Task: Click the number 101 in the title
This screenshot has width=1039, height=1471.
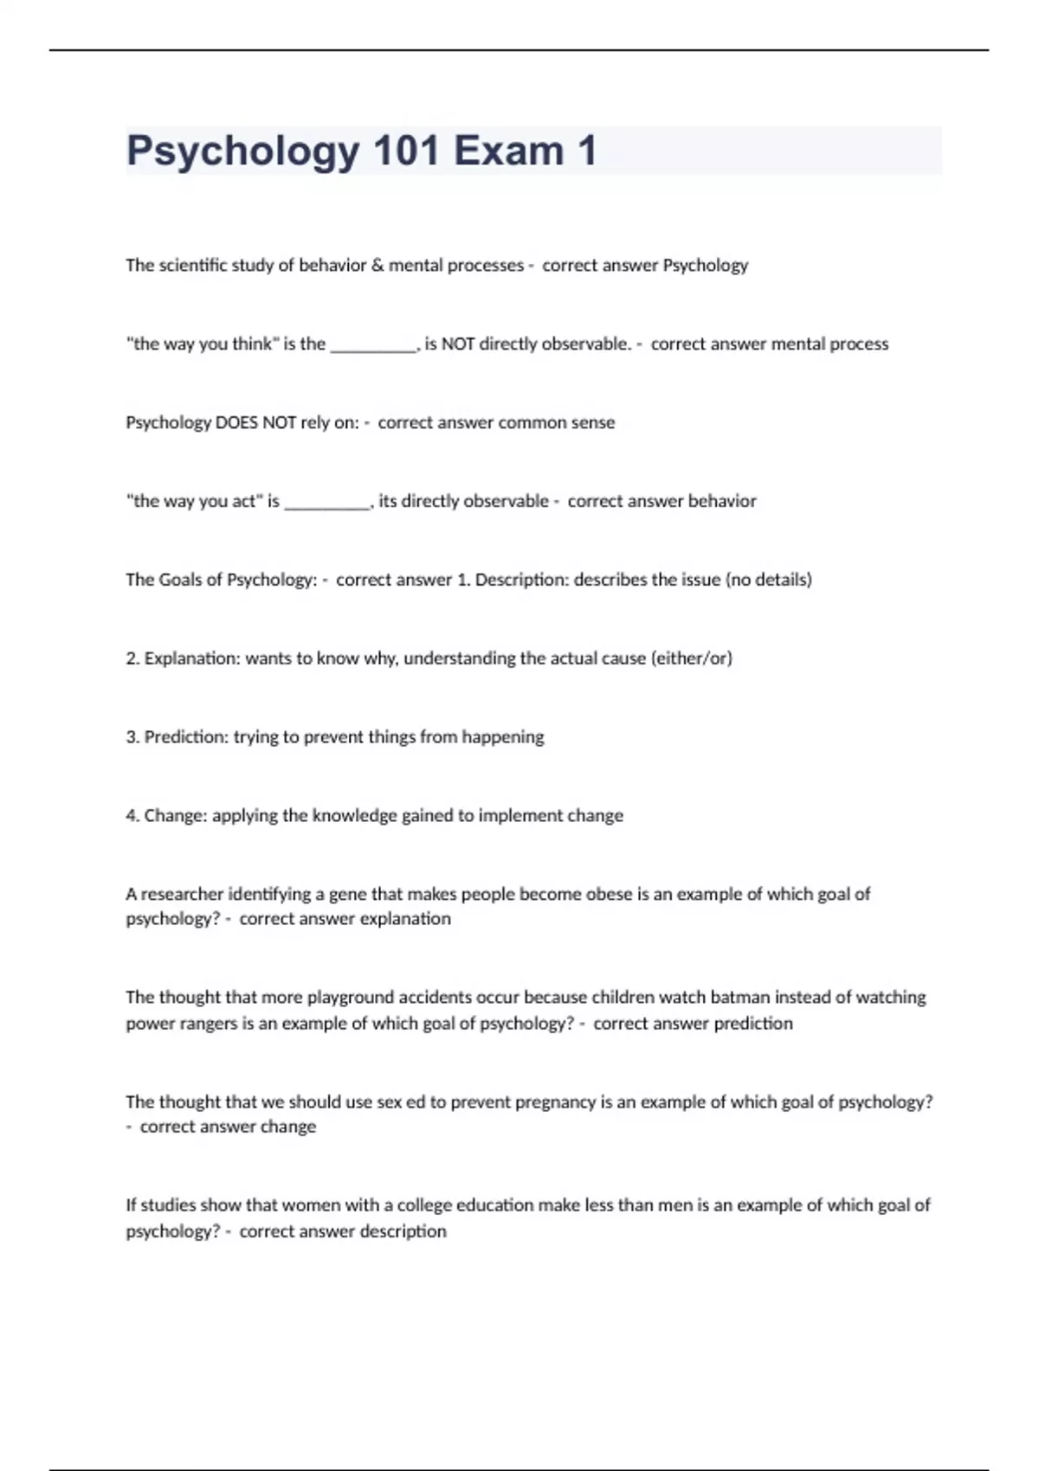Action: pos(406,151)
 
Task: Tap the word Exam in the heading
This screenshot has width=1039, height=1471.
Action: pos(508,151)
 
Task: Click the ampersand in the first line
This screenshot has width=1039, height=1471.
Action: pos(378,265)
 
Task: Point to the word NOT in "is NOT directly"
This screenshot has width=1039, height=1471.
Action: pos(458,344)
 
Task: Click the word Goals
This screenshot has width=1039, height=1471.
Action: pos(180,579)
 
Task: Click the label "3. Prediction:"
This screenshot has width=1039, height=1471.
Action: pos(177,736)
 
